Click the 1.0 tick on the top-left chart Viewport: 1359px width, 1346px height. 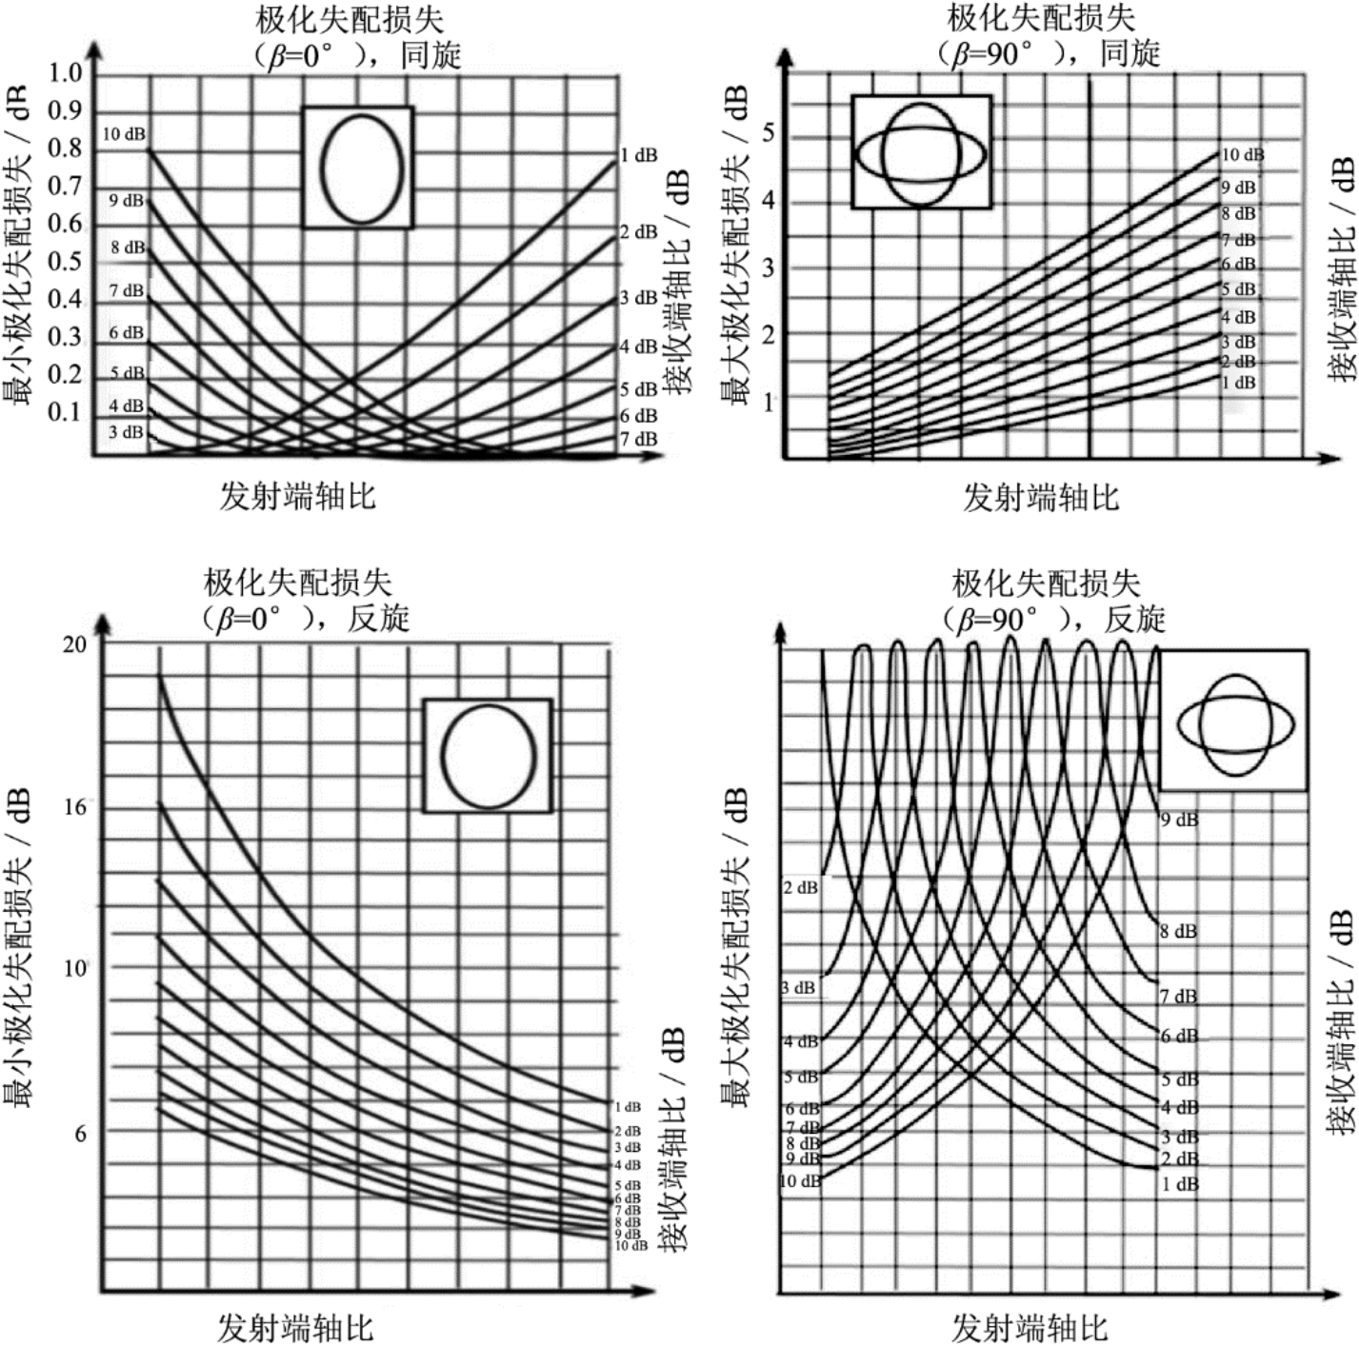click(x=66, y=73)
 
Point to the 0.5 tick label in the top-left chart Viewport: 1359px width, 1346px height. click(x=66, y=262)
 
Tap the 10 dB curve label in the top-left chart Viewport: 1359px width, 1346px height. click(x=124, y=134)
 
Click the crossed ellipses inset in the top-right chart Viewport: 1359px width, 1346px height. click(x=921, y=152)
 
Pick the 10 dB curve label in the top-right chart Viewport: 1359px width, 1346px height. click(x=1243, y=155)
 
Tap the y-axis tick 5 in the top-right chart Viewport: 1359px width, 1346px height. click(x=769, y=133)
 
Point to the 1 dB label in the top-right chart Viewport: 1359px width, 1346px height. click(x=1238, y=383)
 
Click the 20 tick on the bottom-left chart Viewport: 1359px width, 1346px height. click(x=73, y=644)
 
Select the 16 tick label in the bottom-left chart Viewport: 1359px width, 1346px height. click(x=73, y=808)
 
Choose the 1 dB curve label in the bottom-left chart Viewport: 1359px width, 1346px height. click(x=628, y=1107)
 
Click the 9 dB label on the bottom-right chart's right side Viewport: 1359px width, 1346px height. click(x=1179, y=820)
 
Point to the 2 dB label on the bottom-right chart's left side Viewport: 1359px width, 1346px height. click(x=800, y=888)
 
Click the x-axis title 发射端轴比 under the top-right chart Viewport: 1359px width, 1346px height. click(x=1040, y=497)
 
